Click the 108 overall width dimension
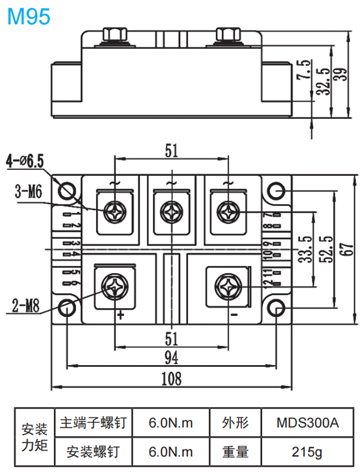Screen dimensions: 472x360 pos(172,378)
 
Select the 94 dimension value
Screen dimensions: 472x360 pos(172,359)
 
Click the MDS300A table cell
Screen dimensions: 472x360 pos(307,423)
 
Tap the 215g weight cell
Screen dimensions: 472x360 pos(307,451)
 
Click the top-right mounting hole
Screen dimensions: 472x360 pos(277,190)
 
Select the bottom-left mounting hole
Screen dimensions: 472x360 pos(67,308)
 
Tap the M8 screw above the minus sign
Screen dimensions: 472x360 pos(229,286)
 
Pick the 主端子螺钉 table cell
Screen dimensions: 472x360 pos(93,423)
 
